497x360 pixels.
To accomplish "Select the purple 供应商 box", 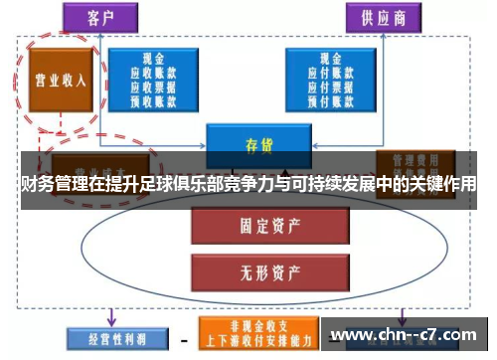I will point(383,17).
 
